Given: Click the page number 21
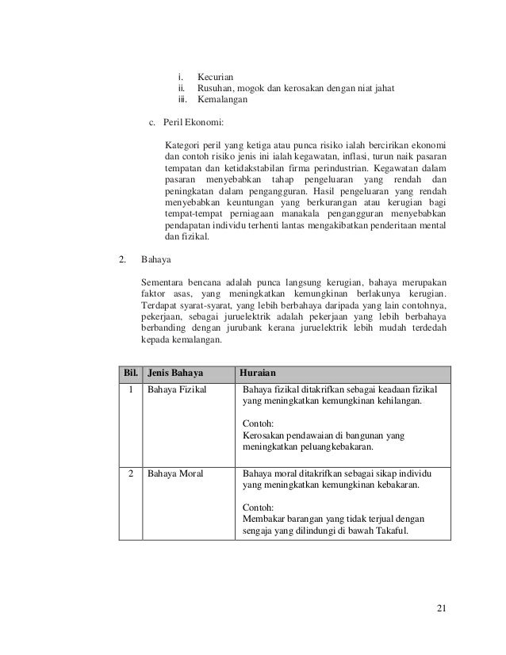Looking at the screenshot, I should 442,608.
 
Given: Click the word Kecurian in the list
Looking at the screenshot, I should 215,75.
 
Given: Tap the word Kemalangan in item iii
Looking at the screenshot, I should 222,101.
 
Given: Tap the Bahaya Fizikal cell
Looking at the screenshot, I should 174,389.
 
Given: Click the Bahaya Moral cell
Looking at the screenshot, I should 172,473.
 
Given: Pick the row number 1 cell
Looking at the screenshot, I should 128,389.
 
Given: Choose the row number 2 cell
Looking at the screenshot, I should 128,473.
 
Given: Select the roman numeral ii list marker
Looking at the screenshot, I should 182,88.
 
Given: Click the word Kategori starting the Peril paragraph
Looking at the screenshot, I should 183,145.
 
